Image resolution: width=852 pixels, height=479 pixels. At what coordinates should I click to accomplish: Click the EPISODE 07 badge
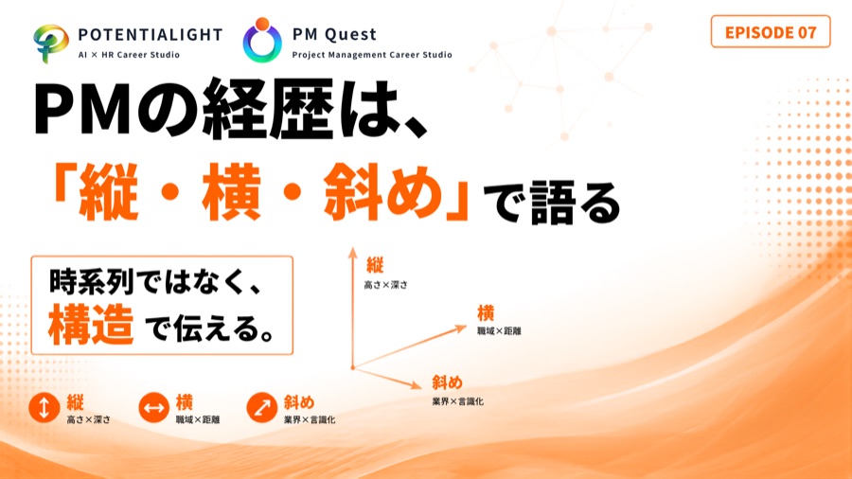771,32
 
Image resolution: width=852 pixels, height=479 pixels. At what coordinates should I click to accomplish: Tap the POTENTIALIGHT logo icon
50,44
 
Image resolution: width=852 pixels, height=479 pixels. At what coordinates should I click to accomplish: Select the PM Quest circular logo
262,40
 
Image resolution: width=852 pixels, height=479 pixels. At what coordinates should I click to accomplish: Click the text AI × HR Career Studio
129,55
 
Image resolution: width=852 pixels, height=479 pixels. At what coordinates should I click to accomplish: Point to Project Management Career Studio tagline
372,55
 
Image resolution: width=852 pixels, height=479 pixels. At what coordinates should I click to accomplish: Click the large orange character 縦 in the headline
108,192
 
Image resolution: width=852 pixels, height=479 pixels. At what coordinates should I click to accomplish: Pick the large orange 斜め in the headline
382,192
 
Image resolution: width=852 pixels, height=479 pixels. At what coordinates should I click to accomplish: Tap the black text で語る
552,204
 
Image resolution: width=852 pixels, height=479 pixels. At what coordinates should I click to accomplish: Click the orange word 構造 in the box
91,325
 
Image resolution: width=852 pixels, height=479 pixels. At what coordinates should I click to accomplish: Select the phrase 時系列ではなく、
156,281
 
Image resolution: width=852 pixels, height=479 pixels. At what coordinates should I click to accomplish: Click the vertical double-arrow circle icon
44,407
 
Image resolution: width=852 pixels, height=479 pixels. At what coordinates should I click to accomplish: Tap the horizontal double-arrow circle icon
153,407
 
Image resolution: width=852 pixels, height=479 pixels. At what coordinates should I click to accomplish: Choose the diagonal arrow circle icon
262,407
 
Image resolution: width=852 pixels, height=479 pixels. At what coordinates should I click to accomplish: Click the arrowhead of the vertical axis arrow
353,251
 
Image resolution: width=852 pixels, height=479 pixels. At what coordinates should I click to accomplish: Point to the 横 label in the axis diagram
486,313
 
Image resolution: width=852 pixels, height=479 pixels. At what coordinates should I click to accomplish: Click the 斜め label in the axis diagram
447,382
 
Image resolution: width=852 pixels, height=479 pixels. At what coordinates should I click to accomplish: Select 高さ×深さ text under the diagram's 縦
386,285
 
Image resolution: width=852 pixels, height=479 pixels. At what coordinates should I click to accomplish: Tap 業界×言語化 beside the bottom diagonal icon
310,419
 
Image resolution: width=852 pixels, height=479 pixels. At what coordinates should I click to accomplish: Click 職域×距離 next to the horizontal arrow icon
198,419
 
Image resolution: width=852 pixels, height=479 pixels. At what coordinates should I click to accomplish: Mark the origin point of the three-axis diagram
353,367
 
